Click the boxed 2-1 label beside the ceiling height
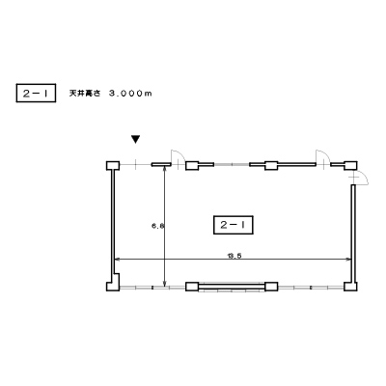[36, 93]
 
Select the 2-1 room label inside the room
[234, 225]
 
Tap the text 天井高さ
[85, 94]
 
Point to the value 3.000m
[130, 94]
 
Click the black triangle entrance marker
[136, 139]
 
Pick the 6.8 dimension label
[158, 226]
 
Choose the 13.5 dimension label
[234, 256]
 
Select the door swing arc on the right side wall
[363, 177]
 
